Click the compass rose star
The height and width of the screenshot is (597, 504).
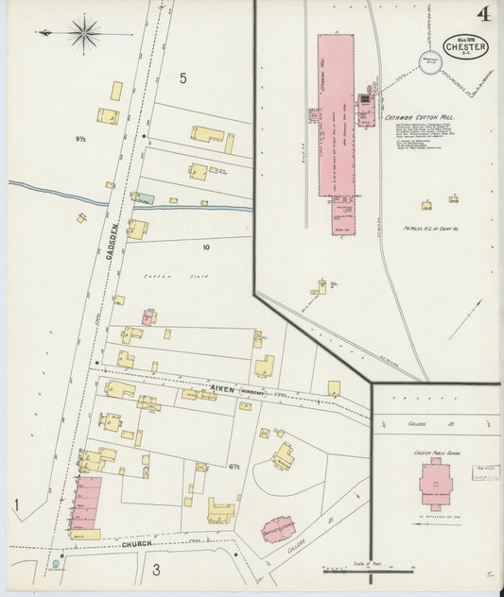(85, 34)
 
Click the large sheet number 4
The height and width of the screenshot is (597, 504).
(483, 13)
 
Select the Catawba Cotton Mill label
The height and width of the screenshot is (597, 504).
(421, 117)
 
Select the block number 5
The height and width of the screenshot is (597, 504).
(183, 77)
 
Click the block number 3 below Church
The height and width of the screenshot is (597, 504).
(156, 569)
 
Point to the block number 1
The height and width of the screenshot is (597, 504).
(16, 506)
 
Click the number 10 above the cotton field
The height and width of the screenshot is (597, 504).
(205, 247)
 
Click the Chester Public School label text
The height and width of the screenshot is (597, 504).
(435, 452)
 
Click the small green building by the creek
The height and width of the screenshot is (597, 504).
(144, 198)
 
